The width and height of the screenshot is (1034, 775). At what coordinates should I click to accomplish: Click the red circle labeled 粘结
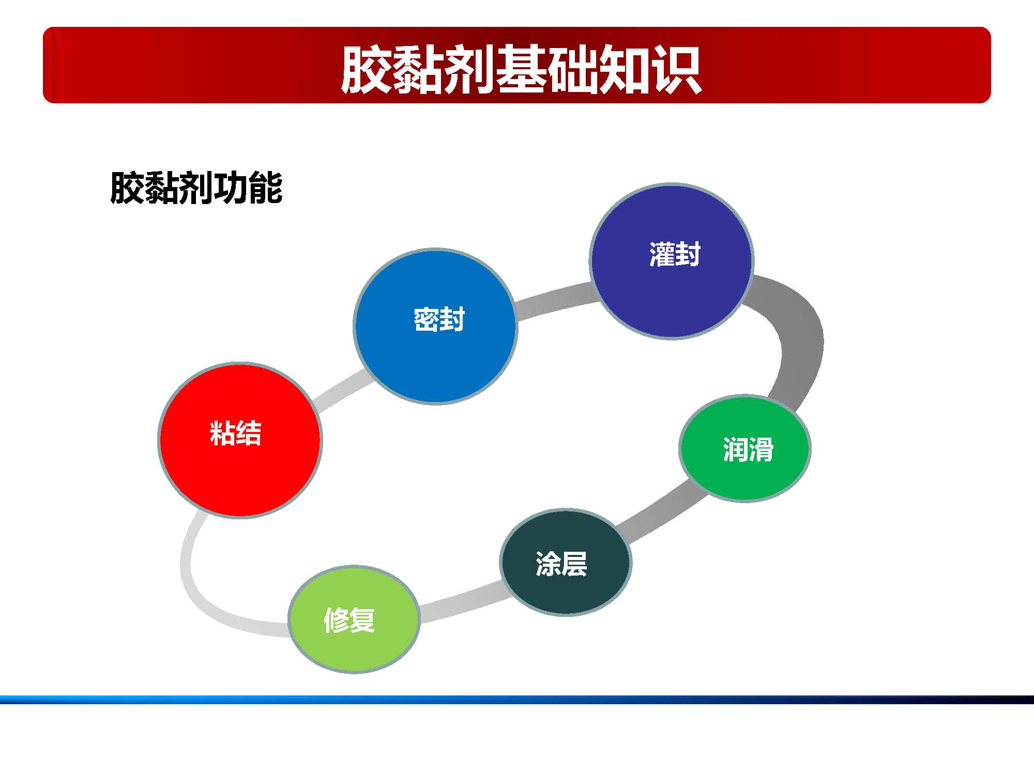[239, 465]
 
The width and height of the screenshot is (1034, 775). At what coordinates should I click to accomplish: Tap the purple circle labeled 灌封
[671, 295]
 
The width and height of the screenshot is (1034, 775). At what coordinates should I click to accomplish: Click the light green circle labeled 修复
[354, 646]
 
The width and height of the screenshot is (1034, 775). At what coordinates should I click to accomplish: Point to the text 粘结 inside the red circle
[236, 433]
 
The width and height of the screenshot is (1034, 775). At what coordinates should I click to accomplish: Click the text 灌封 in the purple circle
[674, 254]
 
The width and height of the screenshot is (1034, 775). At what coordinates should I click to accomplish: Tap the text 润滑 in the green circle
[748, 449]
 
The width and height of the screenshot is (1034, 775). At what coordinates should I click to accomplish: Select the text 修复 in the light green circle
[349, 619]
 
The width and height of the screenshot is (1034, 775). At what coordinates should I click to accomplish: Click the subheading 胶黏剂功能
[196, 188]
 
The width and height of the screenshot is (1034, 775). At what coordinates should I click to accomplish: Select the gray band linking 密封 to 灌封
[553, 302]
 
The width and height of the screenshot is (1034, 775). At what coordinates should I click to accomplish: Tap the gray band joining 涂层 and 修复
[460, 602]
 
